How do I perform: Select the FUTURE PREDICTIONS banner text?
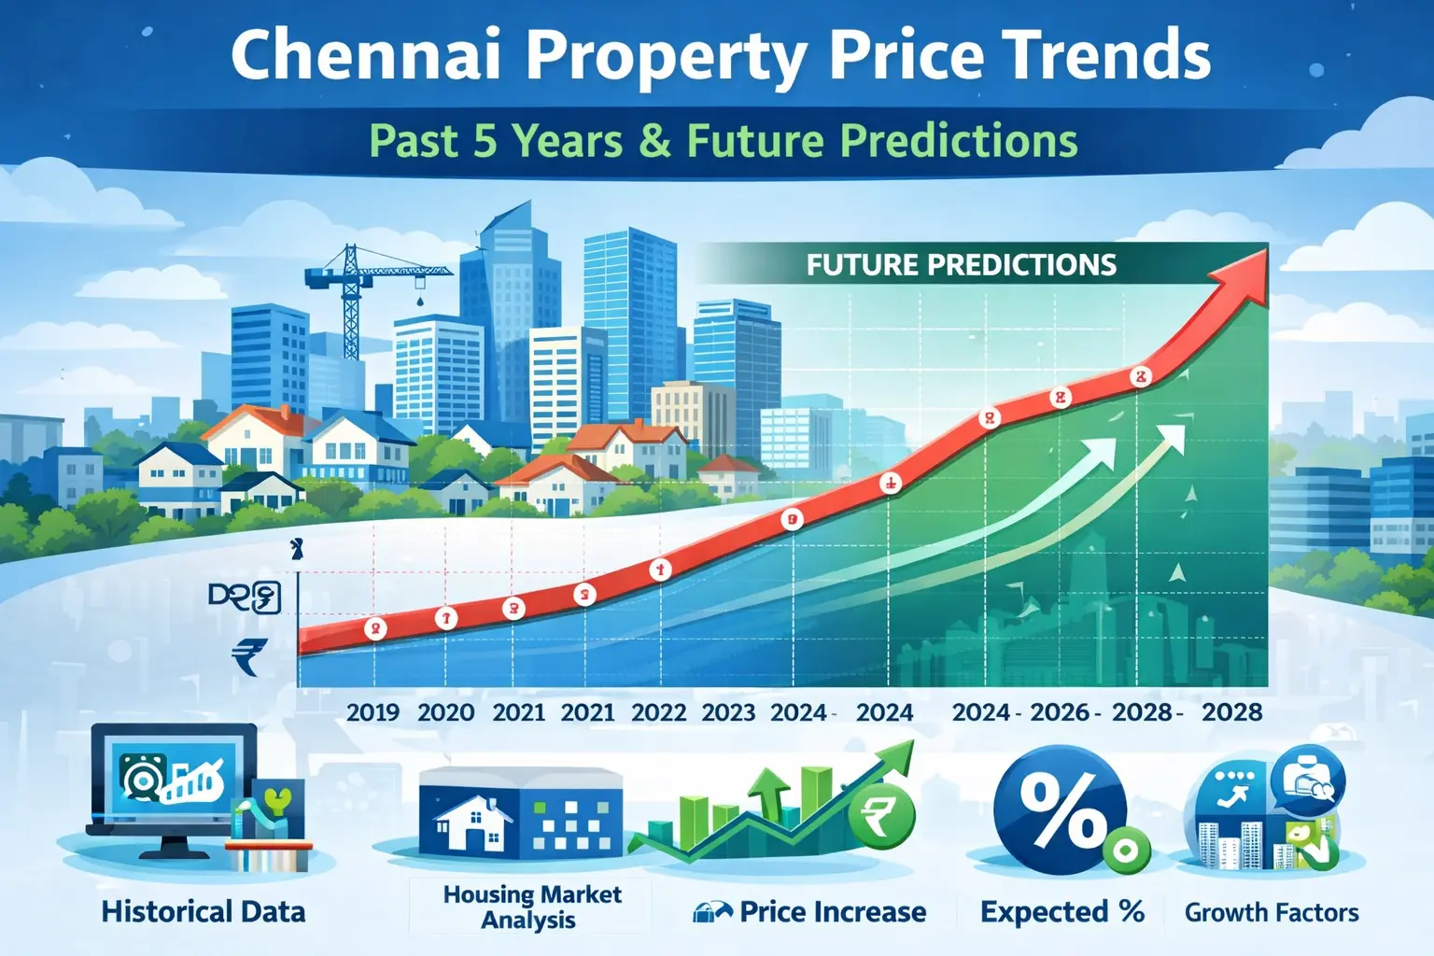tap(961, 265)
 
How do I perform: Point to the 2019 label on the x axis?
tap(373, 712)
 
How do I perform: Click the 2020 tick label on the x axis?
tap(445, 712)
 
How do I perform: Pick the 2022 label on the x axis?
tap(658, 712)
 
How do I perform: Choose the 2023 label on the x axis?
tap(728, 712)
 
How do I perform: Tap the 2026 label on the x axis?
tap(1060, 712)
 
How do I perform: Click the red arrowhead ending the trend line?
tap(1243, 274)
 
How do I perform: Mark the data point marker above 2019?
tap(375, 628)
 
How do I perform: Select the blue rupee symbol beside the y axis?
tap(249, 655)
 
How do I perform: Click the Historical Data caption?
tap(203, 912)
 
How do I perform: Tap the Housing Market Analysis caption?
tap(531, 907)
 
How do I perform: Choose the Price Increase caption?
tap(832, 912)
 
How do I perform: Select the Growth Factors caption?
tap(1272, 912)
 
